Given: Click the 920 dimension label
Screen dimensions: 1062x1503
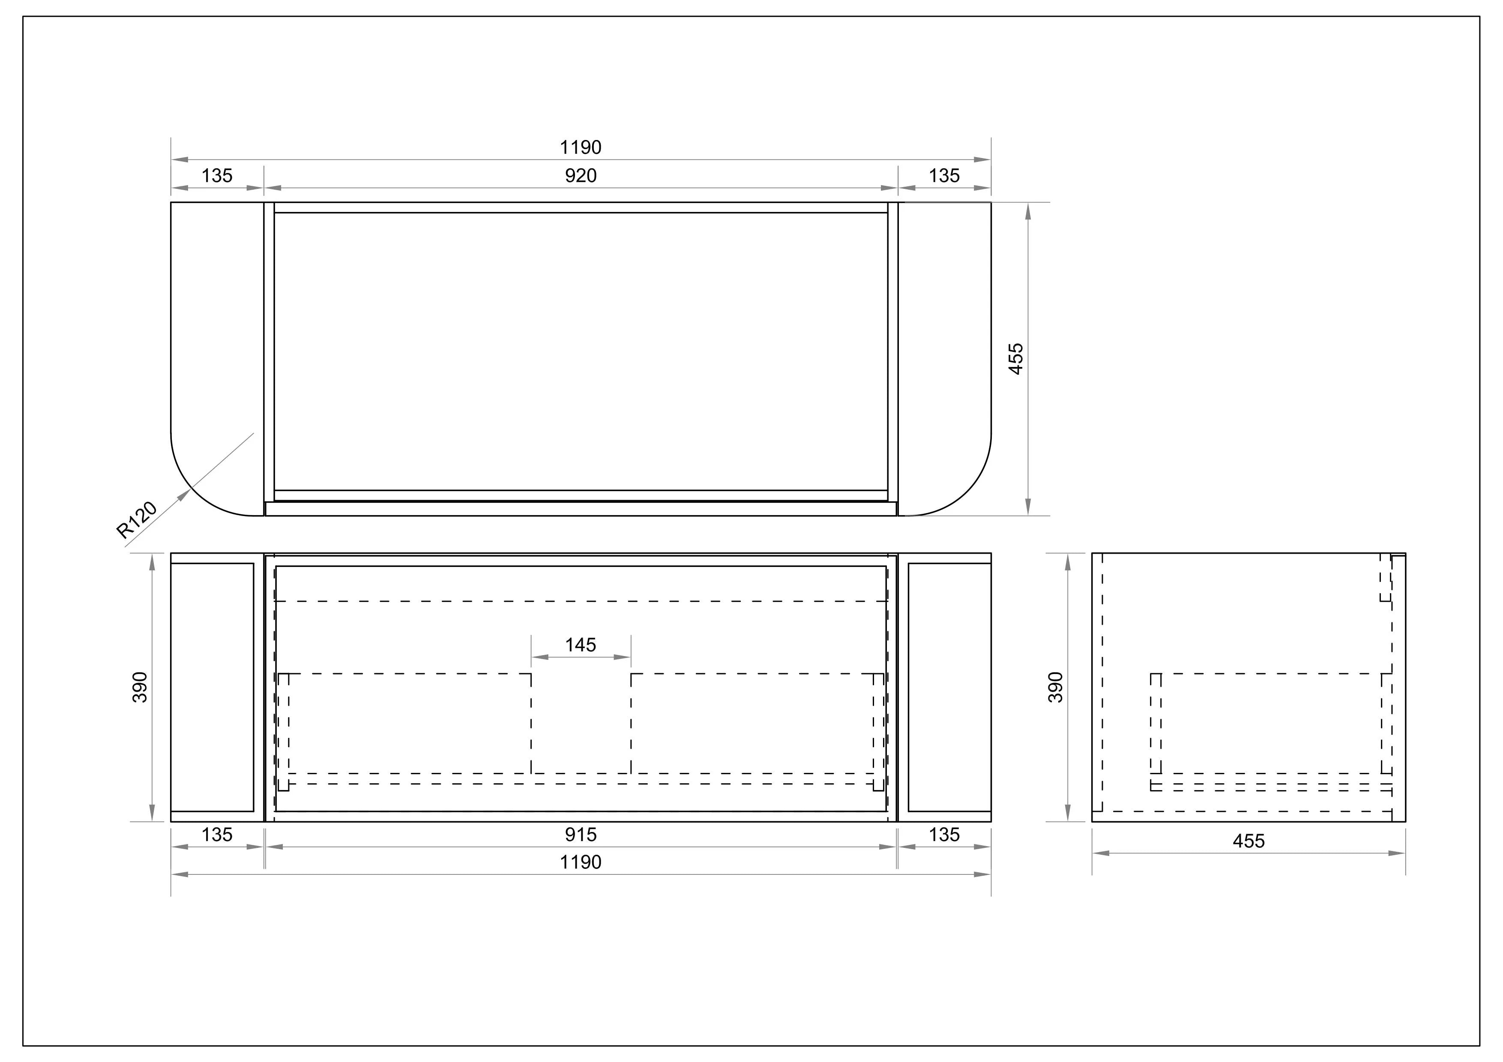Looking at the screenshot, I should pyautogui.click(x=581, y=176).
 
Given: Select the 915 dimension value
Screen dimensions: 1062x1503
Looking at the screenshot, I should pyautogui.click(x=581, y=834).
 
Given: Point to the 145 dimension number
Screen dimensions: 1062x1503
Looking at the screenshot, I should pyautogui.click(x=581, y=645).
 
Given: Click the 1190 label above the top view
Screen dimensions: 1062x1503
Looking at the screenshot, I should pyautogui.click(x=581, y=147).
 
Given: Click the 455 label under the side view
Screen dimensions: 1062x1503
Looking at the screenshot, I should pyautogui.click(x=1249, y=841).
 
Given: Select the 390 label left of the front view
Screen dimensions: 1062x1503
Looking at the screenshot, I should pyautogui.click(x=140, y=687).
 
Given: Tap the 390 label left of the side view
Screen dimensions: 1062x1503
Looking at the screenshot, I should pyautogui.click(x=1056, y=687).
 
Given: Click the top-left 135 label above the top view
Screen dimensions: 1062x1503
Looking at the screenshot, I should pyautogui.click(x=217, y=176).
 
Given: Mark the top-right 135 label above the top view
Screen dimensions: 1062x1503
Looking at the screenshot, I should pyautogui.click(x=944, y=176).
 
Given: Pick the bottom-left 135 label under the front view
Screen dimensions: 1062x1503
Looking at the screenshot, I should pyautogui.click(x=217, y=834).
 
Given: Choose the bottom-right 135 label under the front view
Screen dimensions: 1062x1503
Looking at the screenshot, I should pyautogui.click(x=944, y=834).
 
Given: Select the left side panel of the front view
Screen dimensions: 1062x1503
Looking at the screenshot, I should pyautogui.click(x=212, y=687).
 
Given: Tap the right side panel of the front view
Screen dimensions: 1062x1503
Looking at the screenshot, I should pyautogui.click(x=949, y=687).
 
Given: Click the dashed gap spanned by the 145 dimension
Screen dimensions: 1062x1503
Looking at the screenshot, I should pyautogui.click(x=581, y=723).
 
